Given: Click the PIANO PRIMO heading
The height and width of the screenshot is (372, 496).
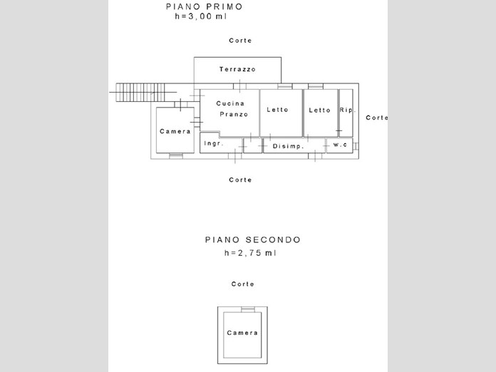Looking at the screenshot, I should pos(204,7).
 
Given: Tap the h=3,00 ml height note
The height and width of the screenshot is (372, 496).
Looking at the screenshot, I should pos(204,18).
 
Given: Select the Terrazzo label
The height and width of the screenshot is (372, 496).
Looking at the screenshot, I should pos(237,70).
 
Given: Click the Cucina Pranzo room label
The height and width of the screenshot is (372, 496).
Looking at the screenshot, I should pos(232,109).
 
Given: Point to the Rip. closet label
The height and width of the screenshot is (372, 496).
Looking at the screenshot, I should pos(347,110).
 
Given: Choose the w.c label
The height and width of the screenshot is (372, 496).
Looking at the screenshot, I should pos(340,145).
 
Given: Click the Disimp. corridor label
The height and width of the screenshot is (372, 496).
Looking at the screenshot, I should pos(289,146).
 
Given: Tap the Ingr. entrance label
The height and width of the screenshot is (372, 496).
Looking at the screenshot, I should pos(214,144).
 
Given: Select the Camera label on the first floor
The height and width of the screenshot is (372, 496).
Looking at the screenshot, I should pos(175,132).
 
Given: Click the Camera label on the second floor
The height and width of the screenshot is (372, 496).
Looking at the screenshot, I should pos(242,333).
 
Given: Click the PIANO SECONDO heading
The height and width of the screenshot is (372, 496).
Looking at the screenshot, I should pos(252,240).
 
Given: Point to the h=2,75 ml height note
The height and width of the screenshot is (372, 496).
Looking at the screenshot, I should pos(250,253).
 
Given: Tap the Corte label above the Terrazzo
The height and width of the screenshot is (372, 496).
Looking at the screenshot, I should pos(240,41).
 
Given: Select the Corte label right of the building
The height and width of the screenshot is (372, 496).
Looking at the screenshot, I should pos(377,118).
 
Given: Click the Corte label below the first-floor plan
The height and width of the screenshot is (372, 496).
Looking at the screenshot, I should pos(240,180).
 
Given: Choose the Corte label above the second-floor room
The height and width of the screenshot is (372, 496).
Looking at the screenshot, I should pos(242,284).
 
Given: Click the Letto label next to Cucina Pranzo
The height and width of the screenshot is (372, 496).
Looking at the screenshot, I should pos(278,110).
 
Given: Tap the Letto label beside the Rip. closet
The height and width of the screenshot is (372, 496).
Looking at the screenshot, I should pos(320,110).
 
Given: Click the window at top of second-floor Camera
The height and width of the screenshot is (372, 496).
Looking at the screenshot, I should pos(247,309).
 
